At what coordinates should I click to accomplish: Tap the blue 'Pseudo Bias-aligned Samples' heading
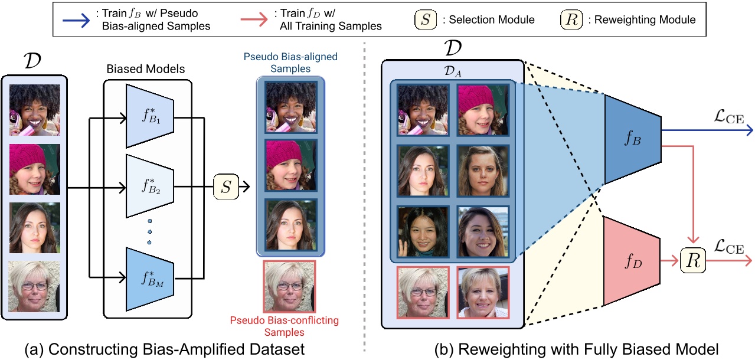[290, 63]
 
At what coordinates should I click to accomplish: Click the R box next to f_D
[694, 260]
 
